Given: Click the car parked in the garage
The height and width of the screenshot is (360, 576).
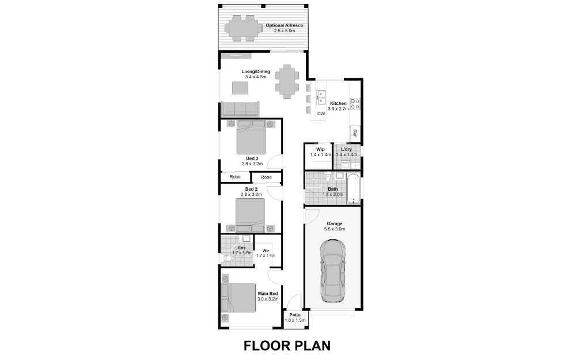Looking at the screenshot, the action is pyautogui.click(x=332, y=271).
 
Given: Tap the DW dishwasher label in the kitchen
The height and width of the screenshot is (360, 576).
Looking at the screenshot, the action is pyautogui.click(x=321, y=114).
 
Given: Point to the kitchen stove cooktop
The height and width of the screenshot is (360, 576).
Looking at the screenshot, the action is pyautogui.click(x=355, y=104).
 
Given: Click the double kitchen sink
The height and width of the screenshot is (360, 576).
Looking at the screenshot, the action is pyautogui.click(x=321, y=97).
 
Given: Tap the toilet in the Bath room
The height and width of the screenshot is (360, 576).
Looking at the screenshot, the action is pyautogui.click(x=327, y=178).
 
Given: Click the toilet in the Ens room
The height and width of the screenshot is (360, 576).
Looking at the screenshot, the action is pyautogui.click(x=228, y=259).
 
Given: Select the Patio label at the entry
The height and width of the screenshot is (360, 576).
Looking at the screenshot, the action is pyautogui.click(x=294, y=315).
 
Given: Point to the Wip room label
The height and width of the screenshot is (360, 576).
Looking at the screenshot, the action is pyautogui.click(x=320, y=150).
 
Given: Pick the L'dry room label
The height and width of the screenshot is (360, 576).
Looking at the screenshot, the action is pyautogui.click(x=346, y=150).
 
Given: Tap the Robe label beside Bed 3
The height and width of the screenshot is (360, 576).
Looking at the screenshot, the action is pyautogui.click(x=235, y=177).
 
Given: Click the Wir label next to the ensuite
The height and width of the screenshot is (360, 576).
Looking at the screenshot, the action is pyautogui.click(x=266, y=251).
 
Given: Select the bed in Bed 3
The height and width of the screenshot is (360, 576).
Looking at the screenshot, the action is pyautogui.click(x=251, y=137).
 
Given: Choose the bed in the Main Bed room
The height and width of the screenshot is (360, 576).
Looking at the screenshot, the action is pyautogui.click(x=238, y=298).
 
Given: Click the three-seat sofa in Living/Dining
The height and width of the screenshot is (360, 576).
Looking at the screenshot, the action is pyautogui.click(x=240, y=109).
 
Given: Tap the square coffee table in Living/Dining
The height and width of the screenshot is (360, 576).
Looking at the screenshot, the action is pyautogui.click(x=240, y=88).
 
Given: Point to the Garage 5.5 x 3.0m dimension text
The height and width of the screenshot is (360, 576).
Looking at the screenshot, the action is pyautogui.click(x=334, y=229).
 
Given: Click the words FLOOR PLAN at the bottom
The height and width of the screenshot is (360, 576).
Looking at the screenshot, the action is pyautogui.click(x=287, y=346).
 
